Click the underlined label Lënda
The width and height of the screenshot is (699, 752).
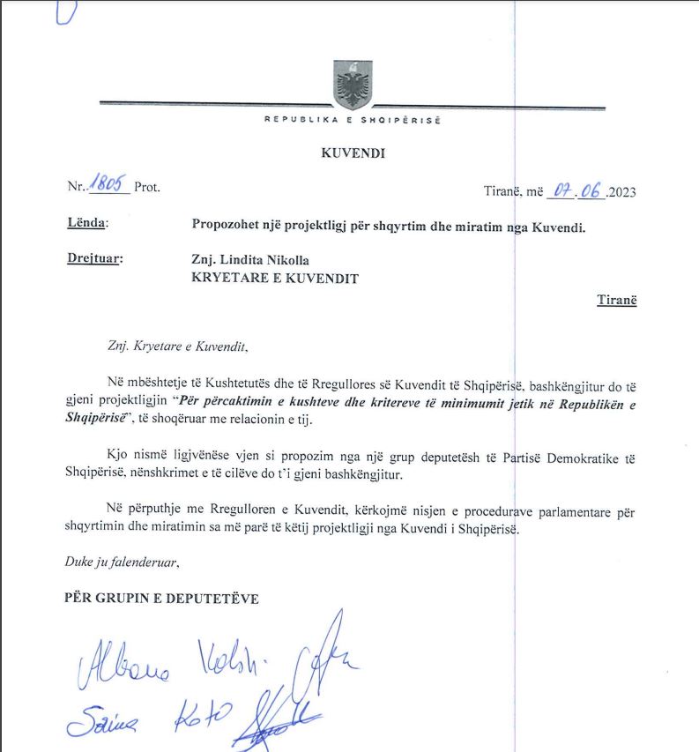86,224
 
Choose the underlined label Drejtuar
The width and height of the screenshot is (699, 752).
94,259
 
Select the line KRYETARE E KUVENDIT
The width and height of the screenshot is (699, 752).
276,278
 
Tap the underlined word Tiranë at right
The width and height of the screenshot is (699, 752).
616,300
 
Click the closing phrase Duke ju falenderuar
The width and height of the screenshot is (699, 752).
123,561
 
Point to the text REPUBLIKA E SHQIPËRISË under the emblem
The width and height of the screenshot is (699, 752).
353,120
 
